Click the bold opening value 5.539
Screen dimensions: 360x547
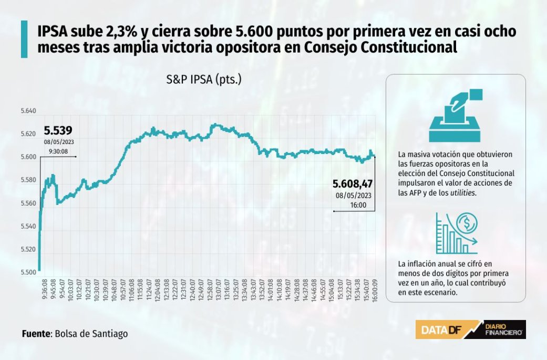58,131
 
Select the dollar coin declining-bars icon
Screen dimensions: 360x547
456,233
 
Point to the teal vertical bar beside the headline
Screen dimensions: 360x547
24,39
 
